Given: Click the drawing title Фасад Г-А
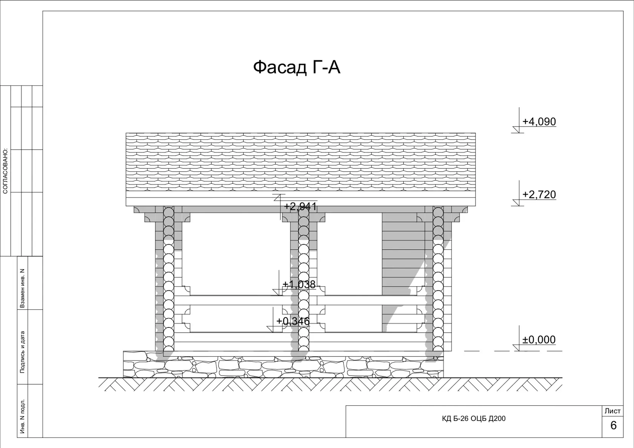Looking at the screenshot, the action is point(296,67).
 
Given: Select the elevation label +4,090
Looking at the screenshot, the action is point(539,122).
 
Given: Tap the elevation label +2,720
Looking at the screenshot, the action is point(539,194).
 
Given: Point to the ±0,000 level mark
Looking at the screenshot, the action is point(539,339).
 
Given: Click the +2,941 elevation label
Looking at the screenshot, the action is point(300,206).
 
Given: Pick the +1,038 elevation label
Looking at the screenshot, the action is point(299,284).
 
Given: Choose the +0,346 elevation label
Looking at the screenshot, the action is point(293,321).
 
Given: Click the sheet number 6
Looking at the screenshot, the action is point(613,425).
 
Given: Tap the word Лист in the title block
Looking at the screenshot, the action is point(612,411).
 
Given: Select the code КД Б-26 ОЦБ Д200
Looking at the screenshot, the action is point(474,419).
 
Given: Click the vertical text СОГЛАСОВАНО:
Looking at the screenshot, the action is point(5,171).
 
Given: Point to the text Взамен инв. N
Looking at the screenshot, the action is point(22,288).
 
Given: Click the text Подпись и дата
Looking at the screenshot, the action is point(22,352).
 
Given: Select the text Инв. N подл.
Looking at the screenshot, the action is point(22,416).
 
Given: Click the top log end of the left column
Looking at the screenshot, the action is point(169,212).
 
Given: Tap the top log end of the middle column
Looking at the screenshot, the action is point(303,212).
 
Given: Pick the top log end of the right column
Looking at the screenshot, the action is point(438,212).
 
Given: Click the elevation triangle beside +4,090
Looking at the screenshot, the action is point(517,130).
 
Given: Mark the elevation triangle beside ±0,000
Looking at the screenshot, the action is point(517,348).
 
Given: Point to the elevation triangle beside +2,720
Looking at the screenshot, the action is point(517,203).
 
